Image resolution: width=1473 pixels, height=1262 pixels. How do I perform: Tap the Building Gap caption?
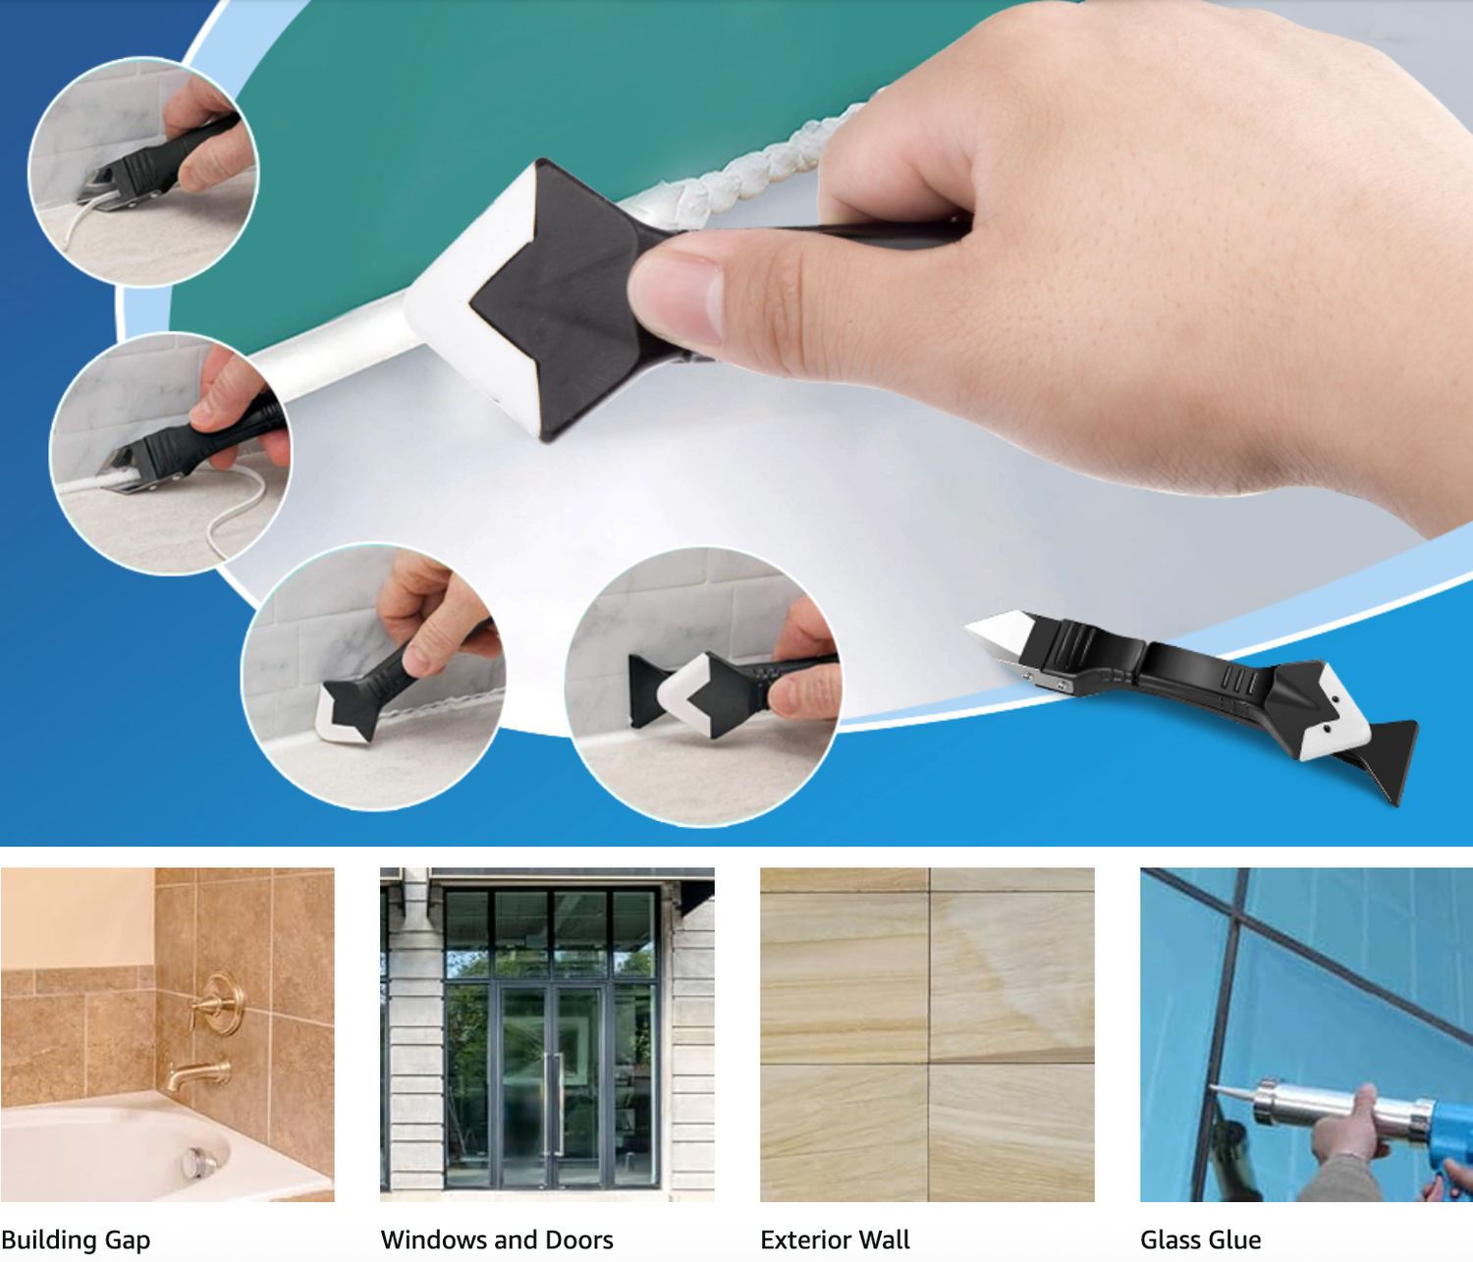tap(76, 1240)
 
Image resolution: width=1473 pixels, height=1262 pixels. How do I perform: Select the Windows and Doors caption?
tap(497, 1240)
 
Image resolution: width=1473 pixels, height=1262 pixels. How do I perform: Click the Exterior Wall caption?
tap(835, 1240)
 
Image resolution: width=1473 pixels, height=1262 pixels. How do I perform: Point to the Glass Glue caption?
tap(1200, 1240)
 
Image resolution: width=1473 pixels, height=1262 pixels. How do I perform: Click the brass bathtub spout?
tap(198, 1073)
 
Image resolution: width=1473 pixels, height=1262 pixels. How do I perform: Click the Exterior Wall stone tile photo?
tap(927, 1035)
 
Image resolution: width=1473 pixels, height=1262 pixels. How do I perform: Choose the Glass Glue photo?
tap(1306, 1035)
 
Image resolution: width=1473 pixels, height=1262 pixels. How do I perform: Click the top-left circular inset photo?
tap(143, 172)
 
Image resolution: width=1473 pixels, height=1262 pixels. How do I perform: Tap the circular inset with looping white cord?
tap(170, 453)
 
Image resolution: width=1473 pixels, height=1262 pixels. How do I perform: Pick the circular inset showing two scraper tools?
tap(703, 686)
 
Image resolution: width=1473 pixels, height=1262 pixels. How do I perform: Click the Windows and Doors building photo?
tap(547, 1035)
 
